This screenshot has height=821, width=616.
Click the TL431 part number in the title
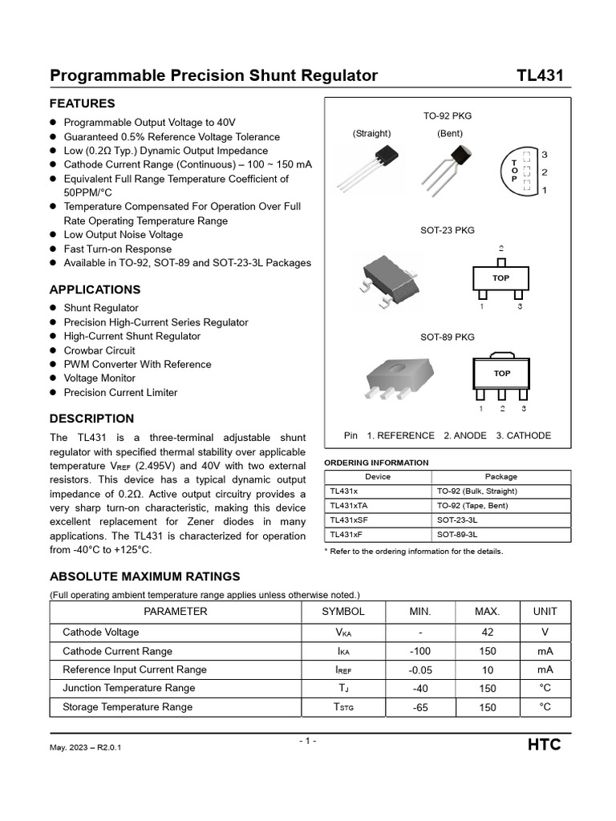point(540,75)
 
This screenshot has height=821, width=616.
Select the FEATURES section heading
point(83,103)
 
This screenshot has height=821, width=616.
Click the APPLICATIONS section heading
point(95,289)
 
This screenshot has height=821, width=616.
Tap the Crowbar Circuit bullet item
point(99,350)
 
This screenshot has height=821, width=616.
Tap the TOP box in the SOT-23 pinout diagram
point(501,278)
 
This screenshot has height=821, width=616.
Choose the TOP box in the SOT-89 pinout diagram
point(501,373)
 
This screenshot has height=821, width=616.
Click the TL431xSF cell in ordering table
point(349,520)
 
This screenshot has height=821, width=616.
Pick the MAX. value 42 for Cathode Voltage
point(487,632)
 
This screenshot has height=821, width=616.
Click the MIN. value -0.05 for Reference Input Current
point(419,669)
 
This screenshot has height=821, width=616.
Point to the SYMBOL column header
point(343,612)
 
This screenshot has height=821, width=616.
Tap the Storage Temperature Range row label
point(128,707)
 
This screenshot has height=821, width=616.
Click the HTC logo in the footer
point(544,745)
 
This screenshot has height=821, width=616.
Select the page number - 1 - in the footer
point(307,741)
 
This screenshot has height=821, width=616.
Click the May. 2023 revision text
point(86,747)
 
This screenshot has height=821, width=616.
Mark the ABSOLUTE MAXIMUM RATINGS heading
point(144,576)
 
